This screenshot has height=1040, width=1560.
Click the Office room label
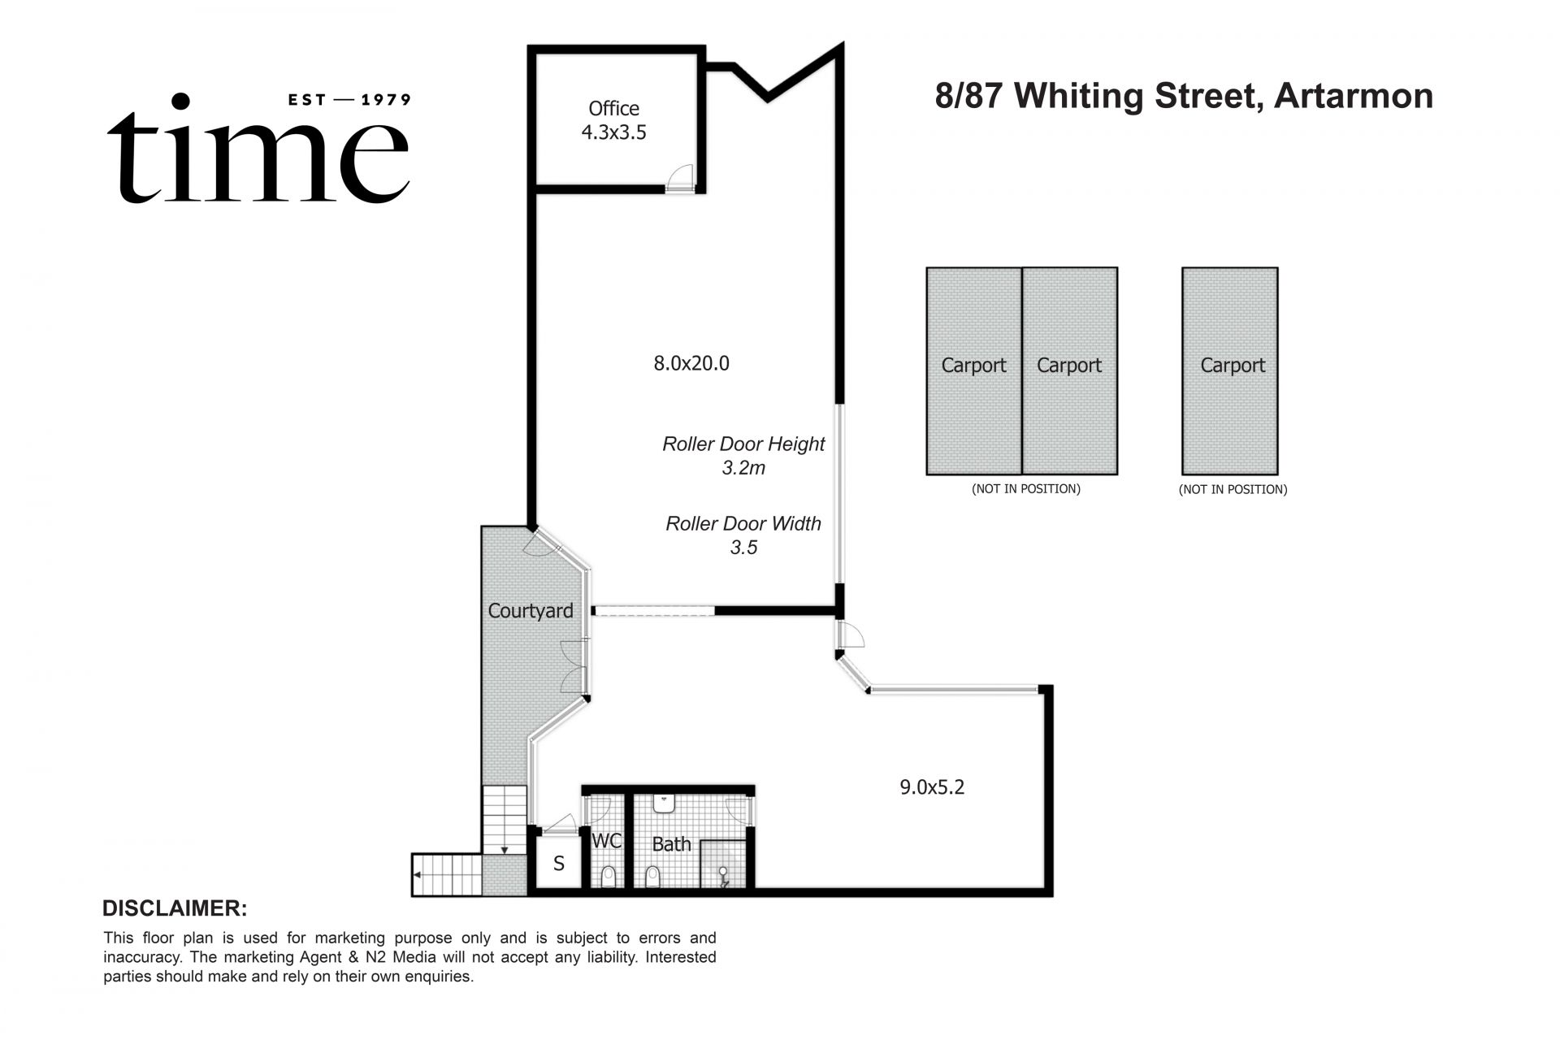613,109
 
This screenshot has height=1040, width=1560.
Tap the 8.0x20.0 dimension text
691,363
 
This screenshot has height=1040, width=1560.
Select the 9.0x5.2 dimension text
932,786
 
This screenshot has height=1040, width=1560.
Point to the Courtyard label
530,611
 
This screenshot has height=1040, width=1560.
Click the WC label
606,841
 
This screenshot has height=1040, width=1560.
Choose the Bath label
671,844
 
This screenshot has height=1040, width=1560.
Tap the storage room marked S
559,864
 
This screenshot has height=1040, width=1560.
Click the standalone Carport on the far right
1230,370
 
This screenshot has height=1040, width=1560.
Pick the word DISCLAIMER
175,908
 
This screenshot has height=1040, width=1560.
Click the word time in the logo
258,154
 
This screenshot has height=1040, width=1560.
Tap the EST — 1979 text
350,100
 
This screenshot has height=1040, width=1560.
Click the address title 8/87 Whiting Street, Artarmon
1184,96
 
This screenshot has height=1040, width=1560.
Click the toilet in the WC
608,877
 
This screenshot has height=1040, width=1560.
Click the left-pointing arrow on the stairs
417,874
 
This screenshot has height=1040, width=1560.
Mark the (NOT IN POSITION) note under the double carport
1025,489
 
